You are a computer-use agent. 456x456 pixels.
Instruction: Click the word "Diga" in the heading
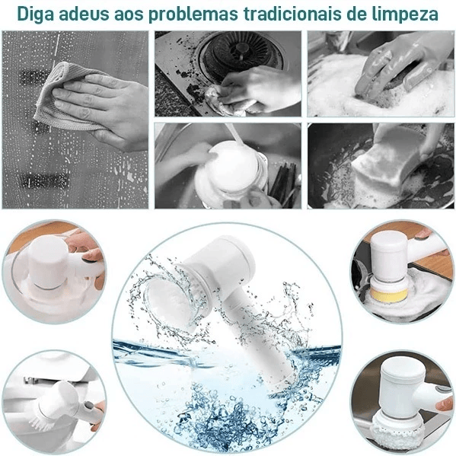tap(33, 14)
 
